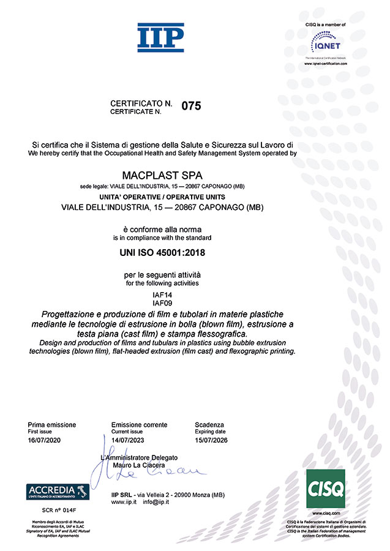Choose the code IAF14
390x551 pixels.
[x=162, y=295]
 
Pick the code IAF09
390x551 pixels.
[x=162, y=304]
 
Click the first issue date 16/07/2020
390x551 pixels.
[x=45, y=440]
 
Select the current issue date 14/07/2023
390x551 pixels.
[x=129, y=440]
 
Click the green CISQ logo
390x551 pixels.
[x=325, y=489]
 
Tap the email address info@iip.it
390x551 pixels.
[x=156, y=502]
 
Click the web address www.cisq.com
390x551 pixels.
[x=326, y=513]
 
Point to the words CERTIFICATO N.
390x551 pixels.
[x=141, y=104]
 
